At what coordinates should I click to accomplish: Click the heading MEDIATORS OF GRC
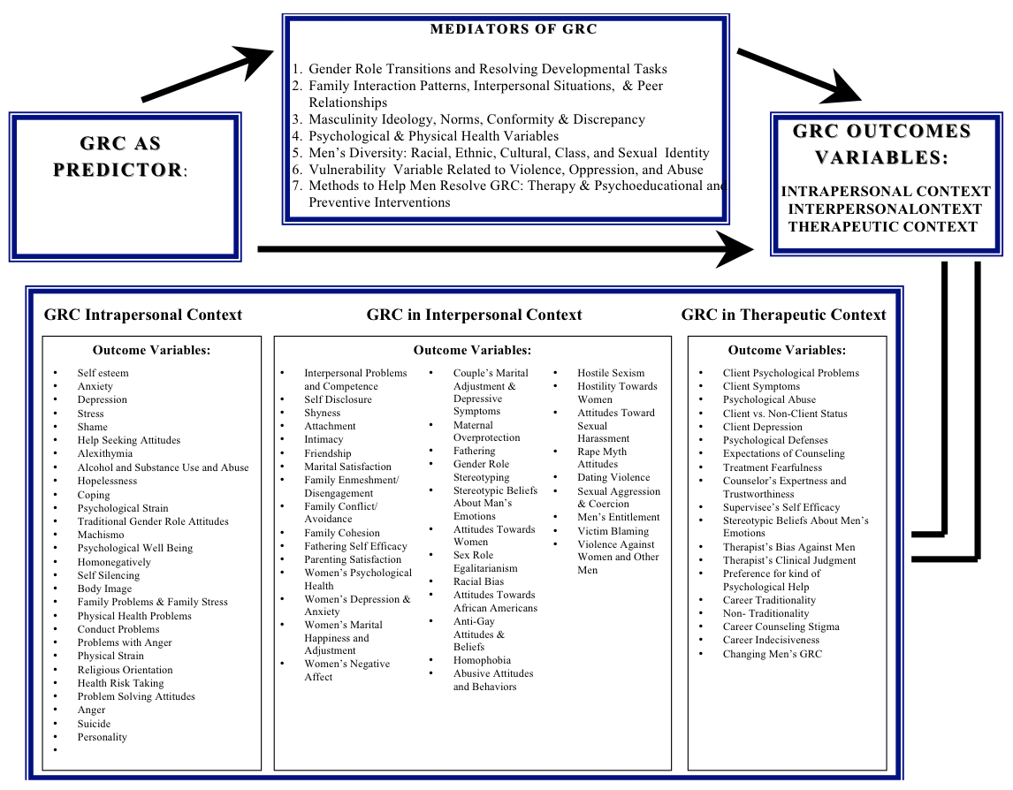point(513,29)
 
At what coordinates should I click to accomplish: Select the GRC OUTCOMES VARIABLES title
point(881,144)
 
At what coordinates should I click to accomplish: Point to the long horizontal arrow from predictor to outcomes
point(504,249)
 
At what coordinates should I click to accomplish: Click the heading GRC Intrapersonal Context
point(143,315)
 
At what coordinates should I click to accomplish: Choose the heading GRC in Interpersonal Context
point(474,315)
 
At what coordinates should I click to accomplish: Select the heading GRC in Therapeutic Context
point(783,315)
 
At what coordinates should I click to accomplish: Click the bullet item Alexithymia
point(104,453)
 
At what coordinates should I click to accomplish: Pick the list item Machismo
point(101,535)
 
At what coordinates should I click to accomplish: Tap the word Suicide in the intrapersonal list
point(94,724)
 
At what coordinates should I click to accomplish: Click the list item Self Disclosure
point(338,399)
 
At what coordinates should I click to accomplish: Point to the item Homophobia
point(482,660)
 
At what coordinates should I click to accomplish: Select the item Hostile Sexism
point(611,373)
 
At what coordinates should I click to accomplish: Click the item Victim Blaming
point(613,531)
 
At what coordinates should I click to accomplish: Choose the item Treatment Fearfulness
point(772,467)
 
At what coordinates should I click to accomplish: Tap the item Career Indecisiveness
point(771,640)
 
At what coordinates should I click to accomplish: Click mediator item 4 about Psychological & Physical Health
point(433,136)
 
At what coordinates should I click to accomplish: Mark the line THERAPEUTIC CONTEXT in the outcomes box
point(882,226)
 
